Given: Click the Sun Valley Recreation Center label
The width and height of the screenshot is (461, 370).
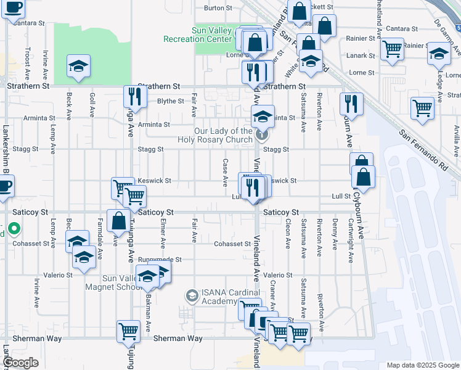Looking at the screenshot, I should (x=198, y=35).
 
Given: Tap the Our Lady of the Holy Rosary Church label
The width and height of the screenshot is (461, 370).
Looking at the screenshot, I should (x=214, y=135).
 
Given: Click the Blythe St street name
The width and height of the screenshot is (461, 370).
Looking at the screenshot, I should (x=171, y=101).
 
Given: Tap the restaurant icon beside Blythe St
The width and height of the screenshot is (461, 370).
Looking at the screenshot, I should (x=134, y=96).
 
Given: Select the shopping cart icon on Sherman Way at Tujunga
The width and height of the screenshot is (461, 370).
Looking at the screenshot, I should (x=128, y=331).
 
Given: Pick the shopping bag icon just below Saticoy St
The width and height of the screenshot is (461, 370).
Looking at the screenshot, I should (x=118, y=220).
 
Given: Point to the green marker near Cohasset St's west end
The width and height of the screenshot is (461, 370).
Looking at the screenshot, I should (x=14, y=232).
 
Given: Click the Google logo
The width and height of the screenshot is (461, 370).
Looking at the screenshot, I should (x=21, y=363).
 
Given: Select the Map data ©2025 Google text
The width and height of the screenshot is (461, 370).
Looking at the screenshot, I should (x=422, y=365).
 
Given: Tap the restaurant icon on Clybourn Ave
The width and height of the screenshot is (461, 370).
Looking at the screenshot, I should (x=351, y=103).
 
